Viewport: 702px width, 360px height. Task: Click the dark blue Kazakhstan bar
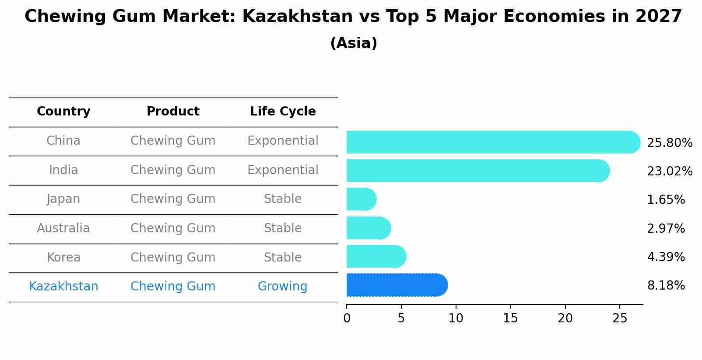click(x=397, y=285)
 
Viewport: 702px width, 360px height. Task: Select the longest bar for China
click(x=493, y=142)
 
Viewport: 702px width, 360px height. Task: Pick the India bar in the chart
click(x=477, y=171)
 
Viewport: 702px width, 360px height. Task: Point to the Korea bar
click(x=376, y=256)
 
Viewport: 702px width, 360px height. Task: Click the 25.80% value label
click(x=669, y=143)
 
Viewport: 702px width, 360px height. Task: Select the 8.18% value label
click(x=666, y=286)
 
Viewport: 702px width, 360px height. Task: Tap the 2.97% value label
click(x=666, y=228)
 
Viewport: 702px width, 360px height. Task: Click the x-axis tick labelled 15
click(x=510, y=318)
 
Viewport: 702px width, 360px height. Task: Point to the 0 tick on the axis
click(x=347, y=318)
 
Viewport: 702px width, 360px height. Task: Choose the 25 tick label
click(x=620, y=318)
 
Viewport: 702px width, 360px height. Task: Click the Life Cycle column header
click(x=283, y=112)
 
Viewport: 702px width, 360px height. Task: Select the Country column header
click(x=63, y=112)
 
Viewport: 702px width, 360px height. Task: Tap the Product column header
click(x=173, y=112)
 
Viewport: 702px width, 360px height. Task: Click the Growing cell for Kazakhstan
click(x=282, y=287)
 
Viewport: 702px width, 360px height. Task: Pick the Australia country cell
click(x=63, y=228)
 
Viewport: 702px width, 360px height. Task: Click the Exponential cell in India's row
click(x=283, y=170)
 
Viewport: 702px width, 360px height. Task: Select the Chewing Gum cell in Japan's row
click(x=173, y=199)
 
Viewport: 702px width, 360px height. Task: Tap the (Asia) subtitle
click(x=354, y=43)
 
